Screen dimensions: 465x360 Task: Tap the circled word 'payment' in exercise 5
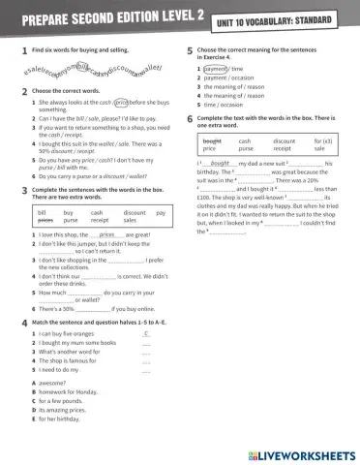pyautogui.click(x=216, y=70)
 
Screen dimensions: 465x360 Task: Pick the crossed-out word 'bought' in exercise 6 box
pyautogui.click(x=212, y=141)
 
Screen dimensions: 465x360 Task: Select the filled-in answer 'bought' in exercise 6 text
pyautogui.click(x=220, y=165)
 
